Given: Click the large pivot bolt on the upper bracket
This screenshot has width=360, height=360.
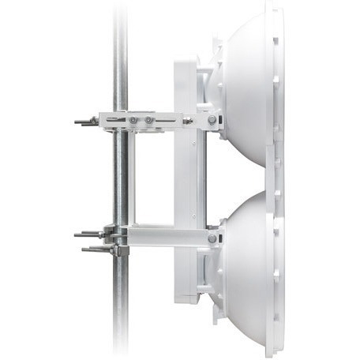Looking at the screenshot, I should [212, 120].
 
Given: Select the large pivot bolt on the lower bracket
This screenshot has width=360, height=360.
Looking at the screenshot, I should [212, 238].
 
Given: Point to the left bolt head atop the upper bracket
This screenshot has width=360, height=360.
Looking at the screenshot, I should [133, 121].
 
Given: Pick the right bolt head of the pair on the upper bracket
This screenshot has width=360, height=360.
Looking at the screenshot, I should [147, 121].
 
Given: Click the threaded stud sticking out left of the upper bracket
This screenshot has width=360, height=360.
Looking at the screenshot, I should [84, 122].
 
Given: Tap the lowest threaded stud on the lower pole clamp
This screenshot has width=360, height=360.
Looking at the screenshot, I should [93, 250].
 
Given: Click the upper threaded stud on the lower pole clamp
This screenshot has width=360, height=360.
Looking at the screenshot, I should [87, 234].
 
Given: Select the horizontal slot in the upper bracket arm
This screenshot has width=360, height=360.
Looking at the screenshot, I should [166, 120].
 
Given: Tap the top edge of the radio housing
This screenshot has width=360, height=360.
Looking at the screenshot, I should [186, 58].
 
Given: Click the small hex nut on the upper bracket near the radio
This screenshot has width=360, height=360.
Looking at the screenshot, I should [188, 121].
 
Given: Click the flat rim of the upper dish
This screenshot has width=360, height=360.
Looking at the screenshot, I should [276, 87].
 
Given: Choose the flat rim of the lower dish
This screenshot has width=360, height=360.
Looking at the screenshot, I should [276, 268].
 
